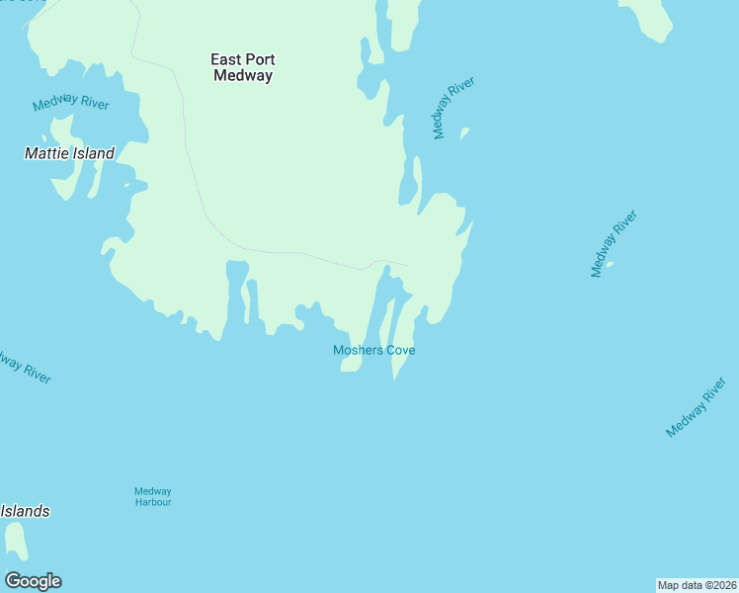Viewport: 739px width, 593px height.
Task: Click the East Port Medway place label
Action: tap(242, 67)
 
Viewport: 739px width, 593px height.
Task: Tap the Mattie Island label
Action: tap(69, 153)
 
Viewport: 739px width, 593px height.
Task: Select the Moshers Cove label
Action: tap(373, 350)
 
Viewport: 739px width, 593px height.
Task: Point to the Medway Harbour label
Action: tap(153, 496)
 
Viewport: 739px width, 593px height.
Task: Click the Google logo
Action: tap(33, 581)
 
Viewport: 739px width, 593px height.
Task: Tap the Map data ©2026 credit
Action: tap(697, 585)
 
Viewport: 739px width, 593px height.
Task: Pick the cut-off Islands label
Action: tap(25, 511)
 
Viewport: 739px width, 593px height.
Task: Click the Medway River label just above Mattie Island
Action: tap(70, 104)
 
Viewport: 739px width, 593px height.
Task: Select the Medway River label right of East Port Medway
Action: tap(453, 108)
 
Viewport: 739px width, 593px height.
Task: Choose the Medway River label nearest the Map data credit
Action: tap(702, 406)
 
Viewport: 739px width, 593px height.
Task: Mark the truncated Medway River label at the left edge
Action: tap(22, 368)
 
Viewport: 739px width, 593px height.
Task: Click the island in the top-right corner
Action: tap(648, 18)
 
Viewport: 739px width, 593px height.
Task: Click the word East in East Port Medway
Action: tap(227, 59)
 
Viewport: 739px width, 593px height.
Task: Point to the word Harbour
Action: tap(153, 502)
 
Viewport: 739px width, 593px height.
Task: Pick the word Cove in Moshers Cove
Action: tap(400, 350)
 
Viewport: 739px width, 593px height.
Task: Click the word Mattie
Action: tap(46, 153)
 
